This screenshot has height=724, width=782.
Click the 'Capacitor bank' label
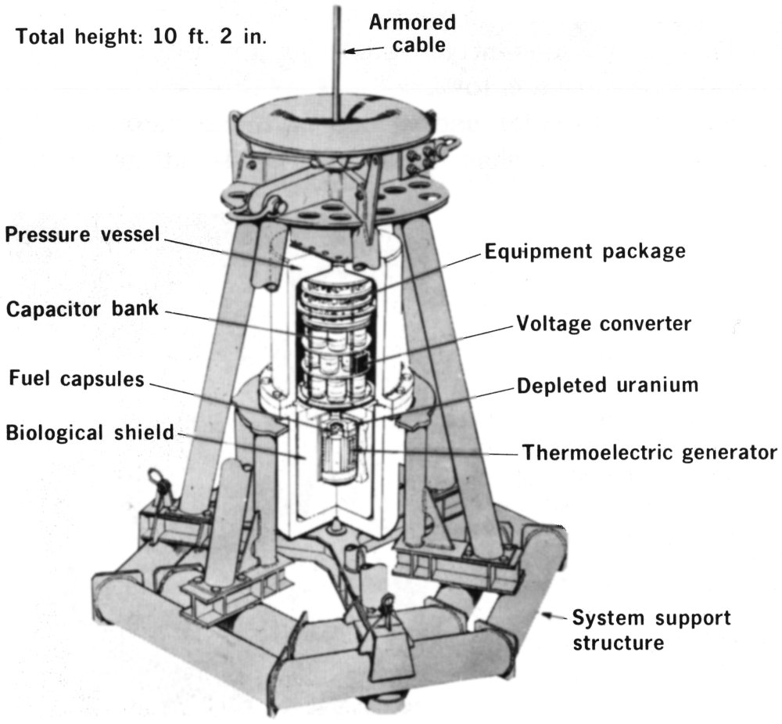click(82, 308)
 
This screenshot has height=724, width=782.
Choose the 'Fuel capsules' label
click(77, 380)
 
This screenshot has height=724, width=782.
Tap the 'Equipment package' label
click(584, 251)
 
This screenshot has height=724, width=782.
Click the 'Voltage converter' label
click(603, 323)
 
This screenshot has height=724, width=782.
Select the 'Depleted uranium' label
click(608, 385)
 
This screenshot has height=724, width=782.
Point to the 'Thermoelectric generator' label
click(649, 452)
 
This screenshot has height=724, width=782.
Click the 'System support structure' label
click(651, 629)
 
